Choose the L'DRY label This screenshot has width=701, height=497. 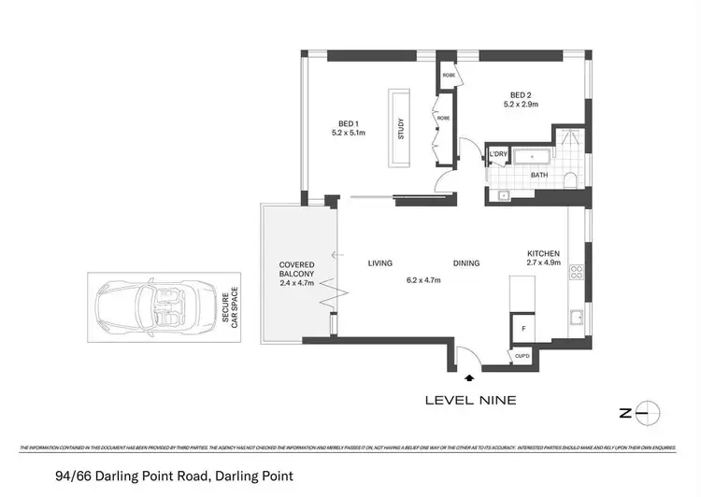(x=497, y=155)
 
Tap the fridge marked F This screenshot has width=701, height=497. (x=522, y=330)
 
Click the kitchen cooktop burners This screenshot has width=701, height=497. (x=577, y=274)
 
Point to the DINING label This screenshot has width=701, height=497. (x=466, y=263)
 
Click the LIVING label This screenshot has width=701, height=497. (x=379, y=263)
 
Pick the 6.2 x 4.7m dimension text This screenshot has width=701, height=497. (x=423, y=279)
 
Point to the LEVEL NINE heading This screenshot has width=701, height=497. (x=470, y=400)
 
